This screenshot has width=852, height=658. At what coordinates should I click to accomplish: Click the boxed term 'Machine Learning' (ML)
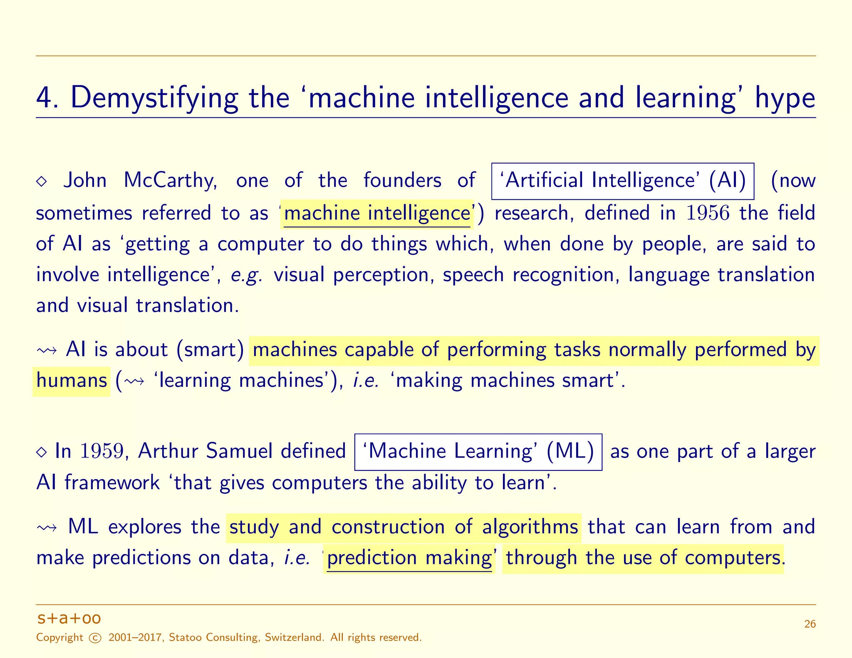[x=478, y=452]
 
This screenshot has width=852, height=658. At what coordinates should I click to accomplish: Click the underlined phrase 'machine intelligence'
[x=377, y=213]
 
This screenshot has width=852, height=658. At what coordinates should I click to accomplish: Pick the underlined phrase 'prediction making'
[x=409, y=558]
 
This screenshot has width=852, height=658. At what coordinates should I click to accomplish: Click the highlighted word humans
[x=72, y=381]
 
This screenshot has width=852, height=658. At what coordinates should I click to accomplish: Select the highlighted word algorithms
[x=530, y=527]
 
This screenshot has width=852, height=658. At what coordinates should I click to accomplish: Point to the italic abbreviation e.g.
[x=247, y=275]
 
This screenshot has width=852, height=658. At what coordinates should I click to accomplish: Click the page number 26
[x=810, y=624]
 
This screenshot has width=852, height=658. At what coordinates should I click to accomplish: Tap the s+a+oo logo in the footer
[x=69, y=618]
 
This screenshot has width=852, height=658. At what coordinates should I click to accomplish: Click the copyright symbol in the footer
[x=96, y=638]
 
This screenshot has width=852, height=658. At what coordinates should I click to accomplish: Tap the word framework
[x=112, y=483]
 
